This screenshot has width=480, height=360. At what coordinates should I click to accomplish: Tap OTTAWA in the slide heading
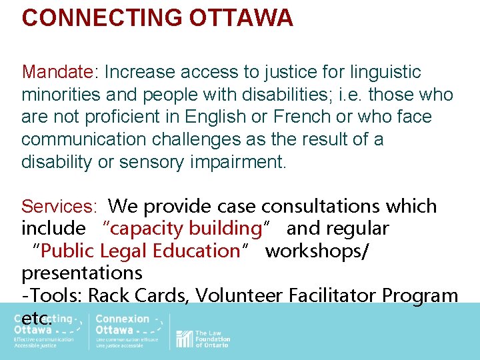point(241,18)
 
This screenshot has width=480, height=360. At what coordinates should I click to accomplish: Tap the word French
point(305,117)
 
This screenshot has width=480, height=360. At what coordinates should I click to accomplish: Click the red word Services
point(58,207)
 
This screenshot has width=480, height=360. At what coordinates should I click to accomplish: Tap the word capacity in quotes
point(149,229)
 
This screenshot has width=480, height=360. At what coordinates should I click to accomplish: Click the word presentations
point(82,273)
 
